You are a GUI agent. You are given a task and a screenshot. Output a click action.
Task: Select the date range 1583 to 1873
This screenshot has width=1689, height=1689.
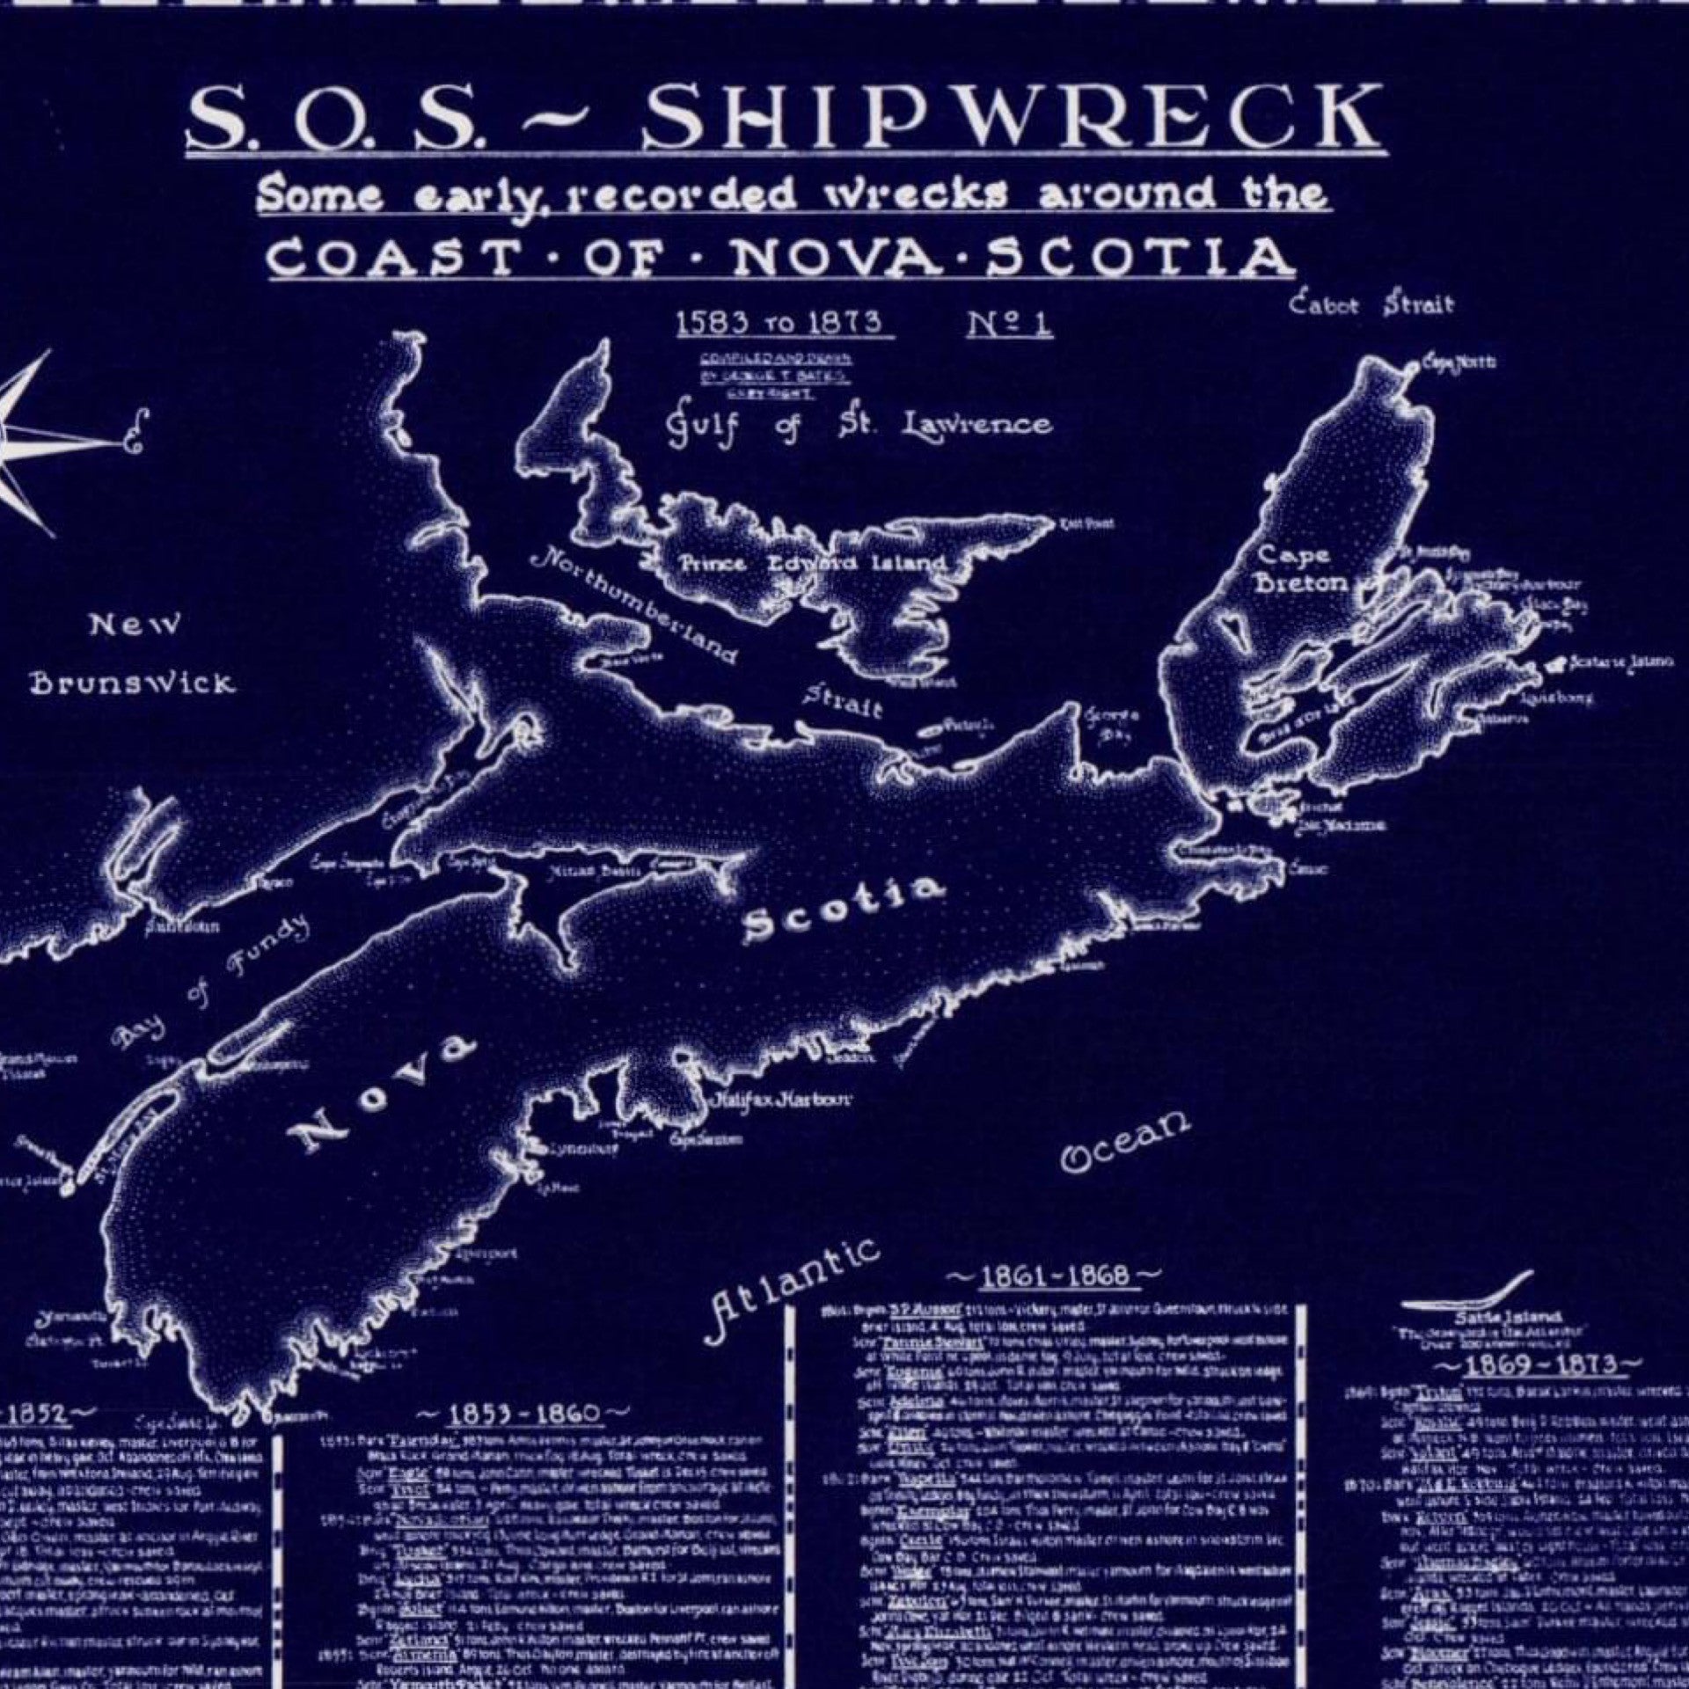pos(779,323)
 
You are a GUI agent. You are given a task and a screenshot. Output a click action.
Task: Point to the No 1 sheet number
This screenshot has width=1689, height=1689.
pos(1009,324)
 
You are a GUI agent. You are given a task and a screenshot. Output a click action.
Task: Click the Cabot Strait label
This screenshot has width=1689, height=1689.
pos(1370,305)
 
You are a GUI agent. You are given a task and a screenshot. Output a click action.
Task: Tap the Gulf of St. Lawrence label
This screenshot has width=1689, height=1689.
pos(858,425)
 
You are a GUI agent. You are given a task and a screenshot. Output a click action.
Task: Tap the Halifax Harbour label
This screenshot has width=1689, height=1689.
pos(780,1100)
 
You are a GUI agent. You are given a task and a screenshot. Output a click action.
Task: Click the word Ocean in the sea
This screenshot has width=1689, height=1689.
pos(1126,1141)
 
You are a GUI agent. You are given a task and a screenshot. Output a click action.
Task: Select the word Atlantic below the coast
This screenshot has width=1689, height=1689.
pos(793,1291)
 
